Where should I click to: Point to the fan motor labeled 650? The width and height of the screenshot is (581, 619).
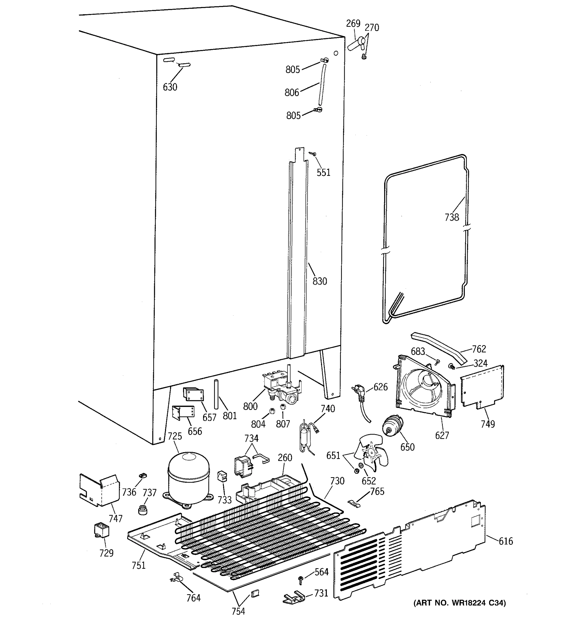393,426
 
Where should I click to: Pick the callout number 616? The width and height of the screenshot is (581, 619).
506,541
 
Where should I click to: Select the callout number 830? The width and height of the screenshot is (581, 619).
320,281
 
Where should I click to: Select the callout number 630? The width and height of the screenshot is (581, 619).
170,87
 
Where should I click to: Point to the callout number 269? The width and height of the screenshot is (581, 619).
353,24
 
